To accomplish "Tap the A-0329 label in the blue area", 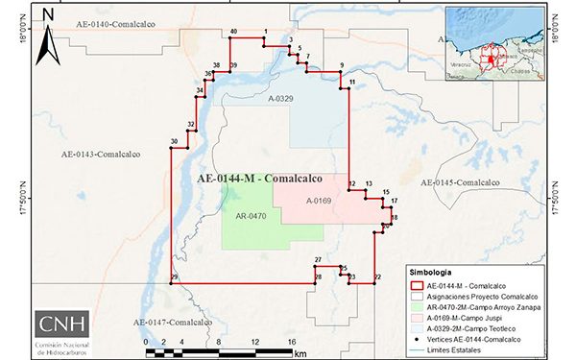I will (x=280, y=99).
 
